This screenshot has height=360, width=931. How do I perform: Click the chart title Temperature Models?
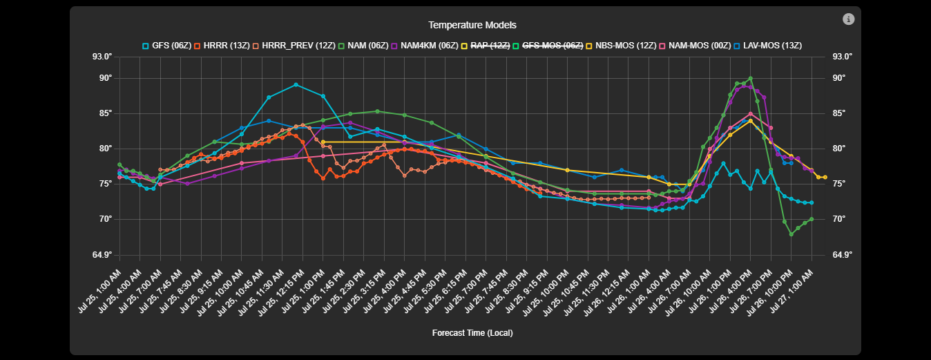click(472, 26)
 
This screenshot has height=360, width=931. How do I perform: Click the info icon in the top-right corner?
click(848, 19)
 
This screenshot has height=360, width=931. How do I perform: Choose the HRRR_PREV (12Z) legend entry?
click(285, 46)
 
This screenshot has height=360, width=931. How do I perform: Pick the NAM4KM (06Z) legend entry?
click(423, 46)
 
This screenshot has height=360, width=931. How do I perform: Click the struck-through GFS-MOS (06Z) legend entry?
click(548, 46)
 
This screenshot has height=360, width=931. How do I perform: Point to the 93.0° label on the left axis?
click(102, 57)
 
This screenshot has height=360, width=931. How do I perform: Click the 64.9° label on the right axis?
click(844, 255)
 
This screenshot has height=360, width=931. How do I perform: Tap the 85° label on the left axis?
click(105, 113)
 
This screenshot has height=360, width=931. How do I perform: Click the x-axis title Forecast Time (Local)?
click(472, 333)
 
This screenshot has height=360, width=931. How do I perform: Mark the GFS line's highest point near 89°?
click(296, 85)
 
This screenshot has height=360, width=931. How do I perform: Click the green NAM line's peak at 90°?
click(751, 79)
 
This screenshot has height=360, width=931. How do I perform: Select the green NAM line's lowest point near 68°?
click(791, 234)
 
